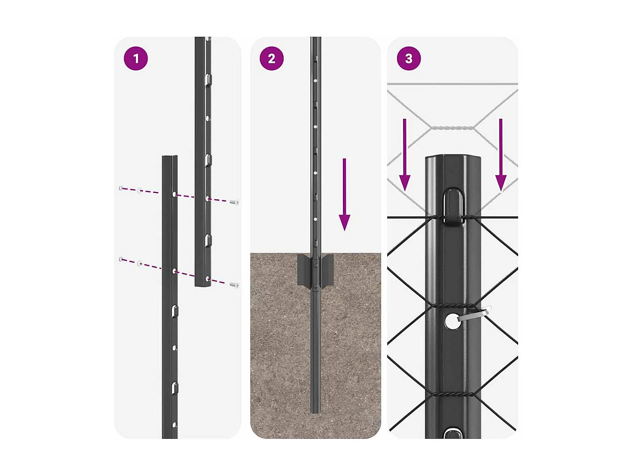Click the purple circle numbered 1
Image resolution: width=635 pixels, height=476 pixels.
135,58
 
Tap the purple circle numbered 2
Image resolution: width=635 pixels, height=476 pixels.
271,58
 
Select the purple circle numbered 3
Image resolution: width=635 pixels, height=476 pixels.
409,58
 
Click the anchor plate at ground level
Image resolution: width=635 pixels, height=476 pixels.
315,270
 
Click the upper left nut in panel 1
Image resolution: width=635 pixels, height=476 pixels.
121,188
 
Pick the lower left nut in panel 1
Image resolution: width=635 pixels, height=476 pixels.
121,259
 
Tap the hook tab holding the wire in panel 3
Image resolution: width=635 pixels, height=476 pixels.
453,206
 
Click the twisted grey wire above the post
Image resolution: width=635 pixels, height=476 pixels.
452,128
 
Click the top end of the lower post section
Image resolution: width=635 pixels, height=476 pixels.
170,158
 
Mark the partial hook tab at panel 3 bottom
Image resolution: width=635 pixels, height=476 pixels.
453,433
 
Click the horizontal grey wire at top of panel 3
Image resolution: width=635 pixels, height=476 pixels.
452,84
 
